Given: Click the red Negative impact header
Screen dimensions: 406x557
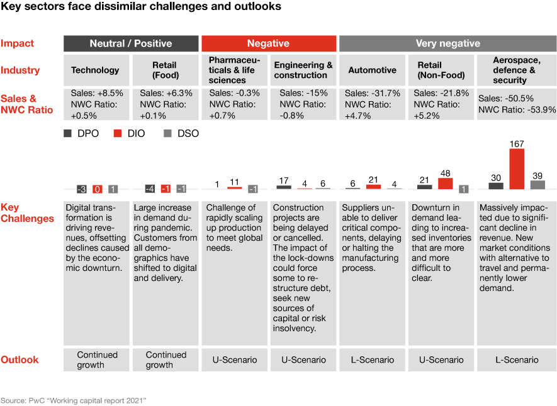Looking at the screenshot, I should (x=268, y=43).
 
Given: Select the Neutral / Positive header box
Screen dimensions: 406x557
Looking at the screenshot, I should (x=130, y=43).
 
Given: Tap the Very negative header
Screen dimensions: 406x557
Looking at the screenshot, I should (x=447, y=43).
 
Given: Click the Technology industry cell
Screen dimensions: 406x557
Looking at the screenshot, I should (x=95, y=70).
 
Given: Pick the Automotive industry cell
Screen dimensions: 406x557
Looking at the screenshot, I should (x=372, y=70).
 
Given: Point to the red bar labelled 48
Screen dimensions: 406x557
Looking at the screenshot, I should (x=445, y=183).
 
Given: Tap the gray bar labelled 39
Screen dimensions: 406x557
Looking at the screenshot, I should (x=537, y=184).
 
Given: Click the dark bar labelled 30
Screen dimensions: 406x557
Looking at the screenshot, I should (x=496, y=185).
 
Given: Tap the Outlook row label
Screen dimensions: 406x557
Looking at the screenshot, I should (x=20, y=359).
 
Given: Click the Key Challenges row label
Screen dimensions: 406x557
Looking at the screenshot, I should (x=27, y=213).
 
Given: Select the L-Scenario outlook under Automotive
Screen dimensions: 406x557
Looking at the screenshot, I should (x=372, y=359).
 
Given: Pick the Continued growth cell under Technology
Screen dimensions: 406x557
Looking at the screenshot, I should (x=95, y=359).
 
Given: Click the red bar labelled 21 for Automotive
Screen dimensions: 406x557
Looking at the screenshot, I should (x=373, y=187).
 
